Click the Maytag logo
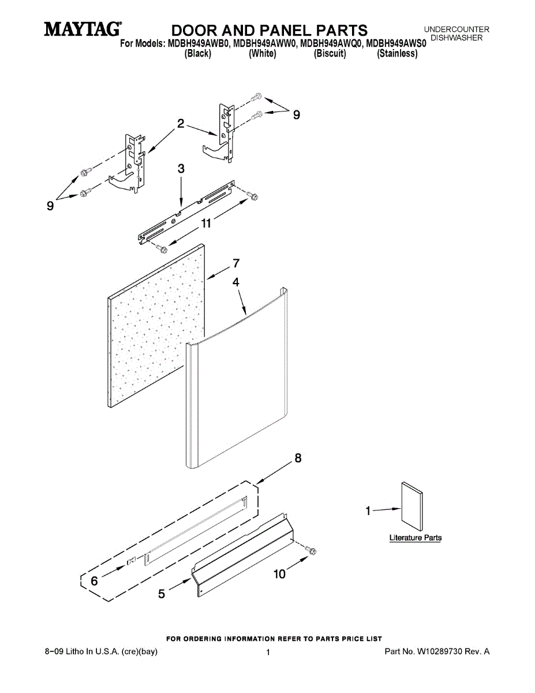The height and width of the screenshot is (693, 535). click(x=83, y=29)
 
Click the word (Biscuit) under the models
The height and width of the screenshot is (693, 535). click(x=330, y=54)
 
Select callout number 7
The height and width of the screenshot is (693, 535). click(x=236, y=263)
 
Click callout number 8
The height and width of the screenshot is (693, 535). click(x=298, y=459)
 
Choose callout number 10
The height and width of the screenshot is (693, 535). click(x=279, y=574)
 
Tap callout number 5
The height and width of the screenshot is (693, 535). click(x=162, y=593)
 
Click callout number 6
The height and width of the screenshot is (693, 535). click(x=94, y=582)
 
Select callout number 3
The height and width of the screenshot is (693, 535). click(x=181, y=169)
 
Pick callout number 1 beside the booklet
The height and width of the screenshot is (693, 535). click(x=368, y=510)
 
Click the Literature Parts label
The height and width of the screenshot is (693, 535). click(x=416, y=538)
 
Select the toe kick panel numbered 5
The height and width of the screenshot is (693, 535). click(x=242, y=554)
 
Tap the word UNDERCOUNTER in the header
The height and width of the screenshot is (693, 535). click(x=457, y=29)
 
